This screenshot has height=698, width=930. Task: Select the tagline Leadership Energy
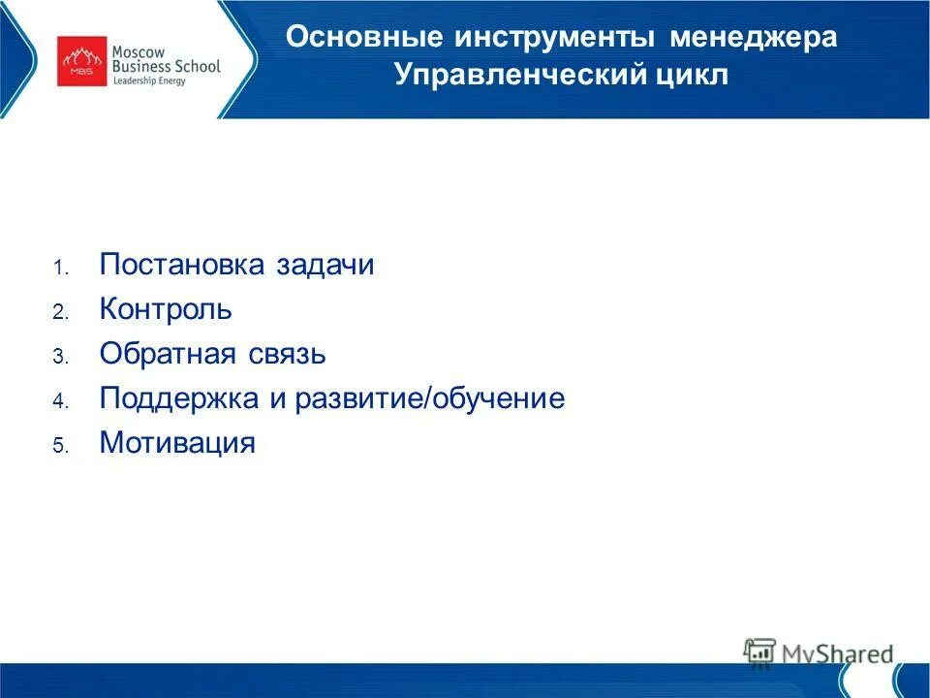click(148, 80)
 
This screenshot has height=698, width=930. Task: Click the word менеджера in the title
click(744, 39)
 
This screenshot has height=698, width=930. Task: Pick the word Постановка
click(181, 266)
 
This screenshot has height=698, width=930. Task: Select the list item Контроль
click(166, 310)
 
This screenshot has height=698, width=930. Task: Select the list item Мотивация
click(177, 444)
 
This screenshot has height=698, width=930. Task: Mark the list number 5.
click(59, 447)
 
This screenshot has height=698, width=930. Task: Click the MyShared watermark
click(820, 653)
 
